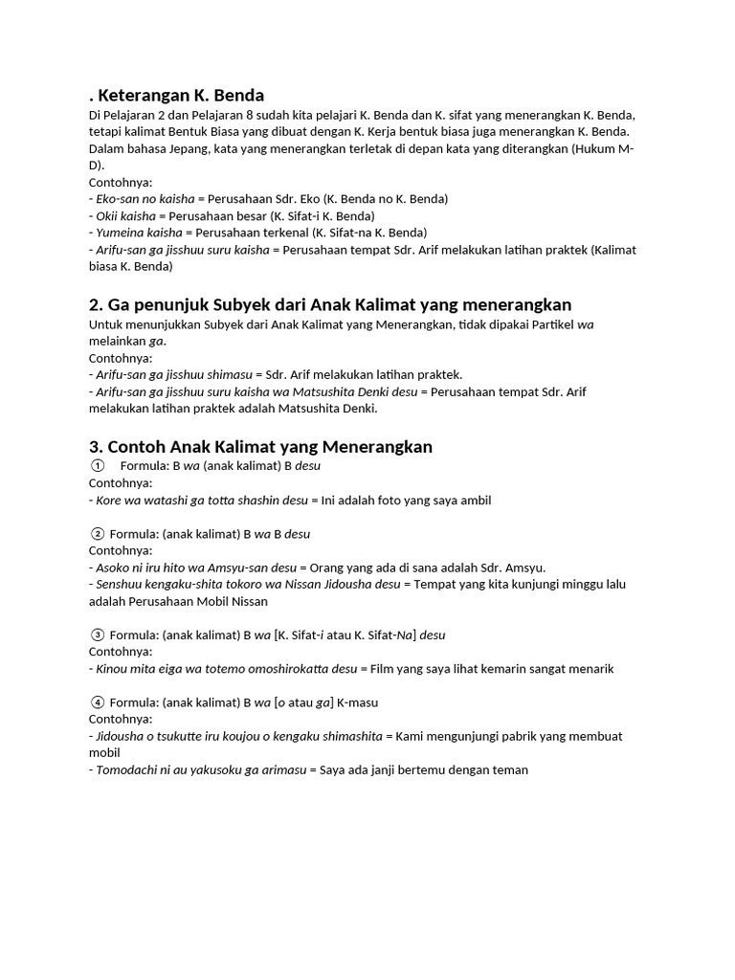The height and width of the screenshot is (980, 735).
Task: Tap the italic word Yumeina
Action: coord(120,233)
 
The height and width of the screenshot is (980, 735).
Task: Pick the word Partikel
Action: coord(548,323)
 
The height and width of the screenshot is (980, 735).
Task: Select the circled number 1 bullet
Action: coord(97,466)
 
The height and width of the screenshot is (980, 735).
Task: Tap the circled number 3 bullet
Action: coord(97,635)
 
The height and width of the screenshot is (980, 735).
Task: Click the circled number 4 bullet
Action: coord(97,702)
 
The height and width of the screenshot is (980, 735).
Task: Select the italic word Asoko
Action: coord(114,568)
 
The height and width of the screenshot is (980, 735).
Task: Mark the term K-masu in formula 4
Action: coord(357,702)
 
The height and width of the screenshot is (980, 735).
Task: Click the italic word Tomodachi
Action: coord(128,769)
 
